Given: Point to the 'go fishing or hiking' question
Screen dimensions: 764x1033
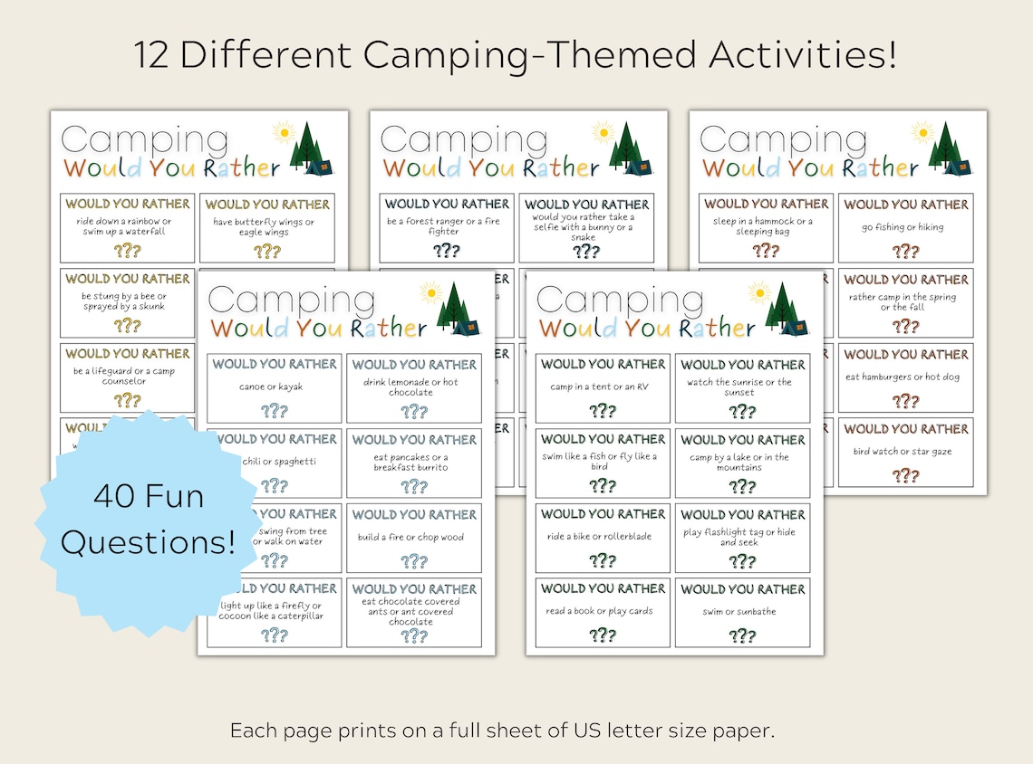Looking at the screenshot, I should [905, 227].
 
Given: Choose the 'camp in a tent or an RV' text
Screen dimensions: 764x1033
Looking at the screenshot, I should [603, 387].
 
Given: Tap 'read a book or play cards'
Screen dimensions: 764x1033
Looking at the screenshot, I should [603, 612].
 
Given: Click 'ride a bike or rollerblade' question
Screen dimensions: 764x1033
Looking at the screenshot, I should [603, 537].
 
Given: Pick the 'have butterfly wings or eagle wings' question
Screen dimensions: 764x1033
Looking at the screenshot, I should [266, 227].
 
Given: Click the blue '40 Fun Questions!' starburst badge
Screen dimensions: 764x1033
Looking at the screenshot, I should [147, 520].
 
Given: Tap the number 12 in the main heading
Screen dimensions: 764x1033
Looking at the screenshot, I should [152, 56].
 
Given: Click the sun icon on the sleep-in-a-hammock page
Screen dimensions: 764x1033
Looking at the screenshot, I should [922, 132].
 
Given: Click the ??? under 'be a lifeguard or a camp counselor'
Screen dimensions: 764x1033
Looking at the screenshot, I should [127, 399].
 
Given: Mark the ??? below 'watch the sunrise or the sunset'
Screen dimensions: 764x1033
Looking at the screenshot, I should [741, 412].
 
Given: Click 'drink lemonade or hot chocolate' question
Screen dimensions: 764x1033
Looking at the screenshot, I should [414, 387].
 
